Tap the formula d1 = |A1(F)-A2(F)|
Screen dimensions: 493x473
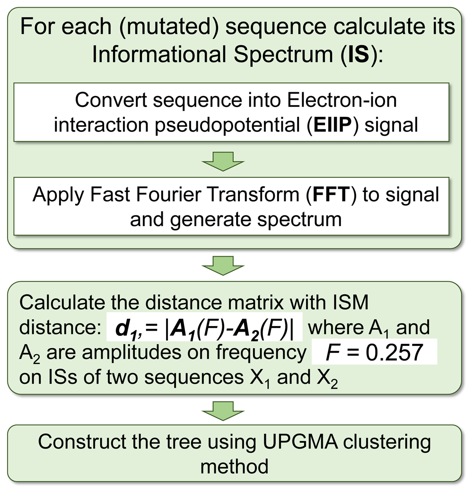tap(204, 327)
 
